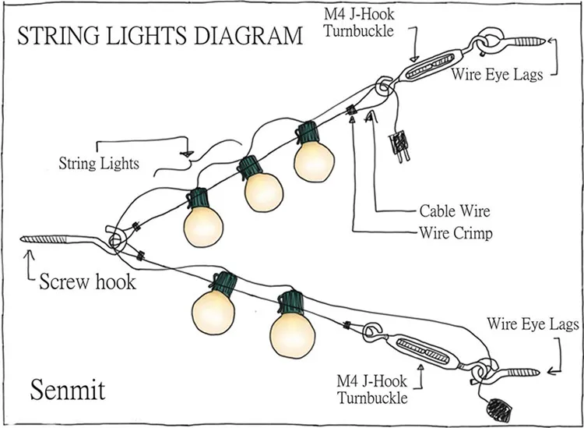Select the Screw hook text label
point(87,280)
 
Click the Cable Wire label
point(455,210)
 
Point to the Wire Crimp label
point(455,232)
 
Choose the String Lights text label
point(99,164)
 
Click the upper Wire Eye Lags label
point(496,75)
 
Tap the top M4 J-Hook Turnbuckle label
point(361,21)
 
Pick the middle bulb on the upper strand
point(262,191)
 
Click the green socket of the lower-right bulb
point(292,298)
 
